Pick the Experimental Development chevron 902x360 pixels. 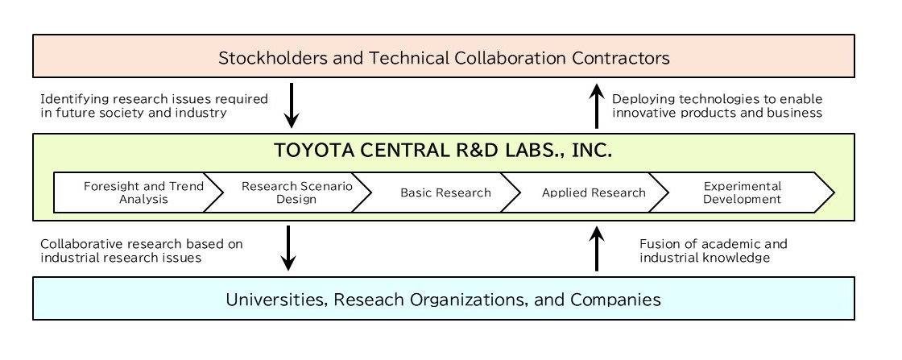[742, 192]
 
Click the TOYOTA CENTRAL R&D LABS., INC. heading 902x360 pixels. [443, 151]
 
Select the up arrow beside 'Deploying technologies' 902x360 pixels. [597, 106]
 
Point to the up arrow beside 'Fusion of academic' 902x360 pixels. [597, 249]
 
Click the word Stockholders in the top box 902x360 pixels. [267, 58]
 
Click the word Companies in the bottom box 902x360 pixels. [616, 300]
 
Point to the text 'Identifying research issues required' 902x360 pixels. [154, 99]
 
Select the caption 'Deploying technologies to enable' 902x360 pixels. [717, 99]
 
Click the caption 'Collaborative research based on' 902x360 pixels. [141, 243]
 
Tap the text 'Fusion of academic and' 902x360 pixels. [713, 243]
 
